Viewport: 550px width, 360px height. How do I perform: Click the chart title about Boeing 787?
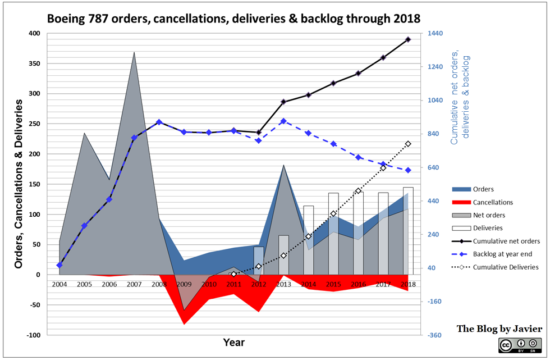pyautogui.click(x=233, y=18)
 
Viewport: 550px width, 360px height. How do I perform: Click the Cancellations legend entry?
pyautogui.click(x=493, y=202)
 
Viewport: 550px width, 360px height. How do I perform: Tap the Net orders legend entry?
pyautogui.click(x=489, y=215)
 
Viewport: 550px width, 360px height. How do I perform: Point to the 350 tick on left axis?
pyautogui.click(x=34, y=63)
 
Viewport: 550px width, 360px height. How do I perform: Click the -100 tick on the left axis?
pyautogui.click(x=34, y=335)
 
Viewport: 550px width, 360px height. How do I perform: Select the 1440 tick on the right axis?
pyautogui.click(x=436, y=34)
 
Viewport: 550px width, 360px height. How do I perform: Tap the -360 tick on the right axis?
pyautogui.click(x=436, y=335)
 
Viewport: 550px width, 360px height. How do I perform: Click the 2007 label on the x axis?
pyautogui.click(x=134, y=285)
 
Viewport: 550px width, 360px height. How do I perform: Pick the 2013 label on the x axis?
pyautogui.click(x=283, y=285)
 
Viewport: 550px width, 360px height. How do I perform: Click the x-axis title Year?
pyautogui.click(x=233, y=342)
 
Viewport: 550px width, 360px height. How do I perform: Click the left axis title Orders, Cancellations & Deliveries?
pyautogui.click(x=19, y=183)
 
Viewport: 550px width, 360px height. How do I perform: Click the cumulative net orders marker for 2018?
pyautogui.click(x=408, y=39)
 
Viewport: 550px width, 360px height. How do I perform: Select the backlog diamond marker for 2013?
pyautogui.click(x=283, y=121)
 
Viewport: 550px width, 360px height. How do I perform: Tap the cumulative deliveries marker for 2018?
pyautogui.click(x=408, y=144)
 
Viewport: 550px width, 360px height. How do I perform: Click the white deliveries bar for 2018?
pyautogui.click(x=408, y=230)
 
